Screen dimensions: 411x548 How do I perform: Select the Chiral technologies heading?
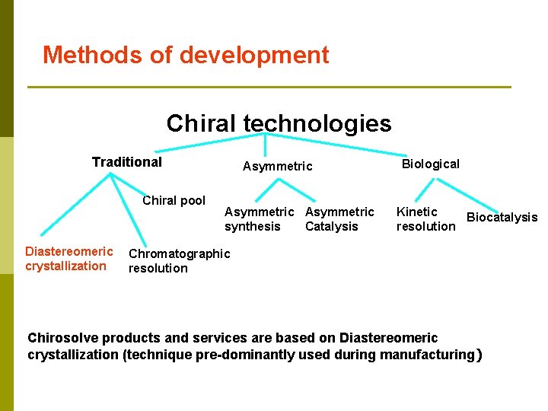(279, 123)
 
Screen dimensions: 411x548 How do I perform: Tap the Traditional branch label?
(126, 161)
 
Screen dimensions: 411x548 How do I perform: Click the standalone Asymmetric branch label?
(277, 166)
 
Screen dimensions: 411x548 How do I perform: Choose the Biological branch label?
(430, 164)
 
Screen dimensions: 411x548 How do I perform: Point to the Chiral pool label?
(174, 201)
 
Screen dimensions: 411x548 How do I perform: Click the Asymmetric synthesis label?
(259, 219)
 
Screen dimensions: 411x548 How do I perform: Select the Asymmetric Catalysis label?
(339, 219)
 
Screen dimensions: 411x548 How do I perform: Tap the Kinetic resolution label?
(425, 219)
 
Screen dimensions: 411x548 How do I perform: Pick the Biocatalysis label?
(502, 218)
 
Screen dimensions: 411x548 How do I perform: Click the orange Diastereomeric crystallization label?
(68, 259)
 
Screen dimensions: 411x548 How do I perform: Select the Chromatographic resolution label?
(179, 260)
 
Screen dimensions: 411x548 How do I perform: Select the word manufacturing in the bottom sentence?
(427, 355)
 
